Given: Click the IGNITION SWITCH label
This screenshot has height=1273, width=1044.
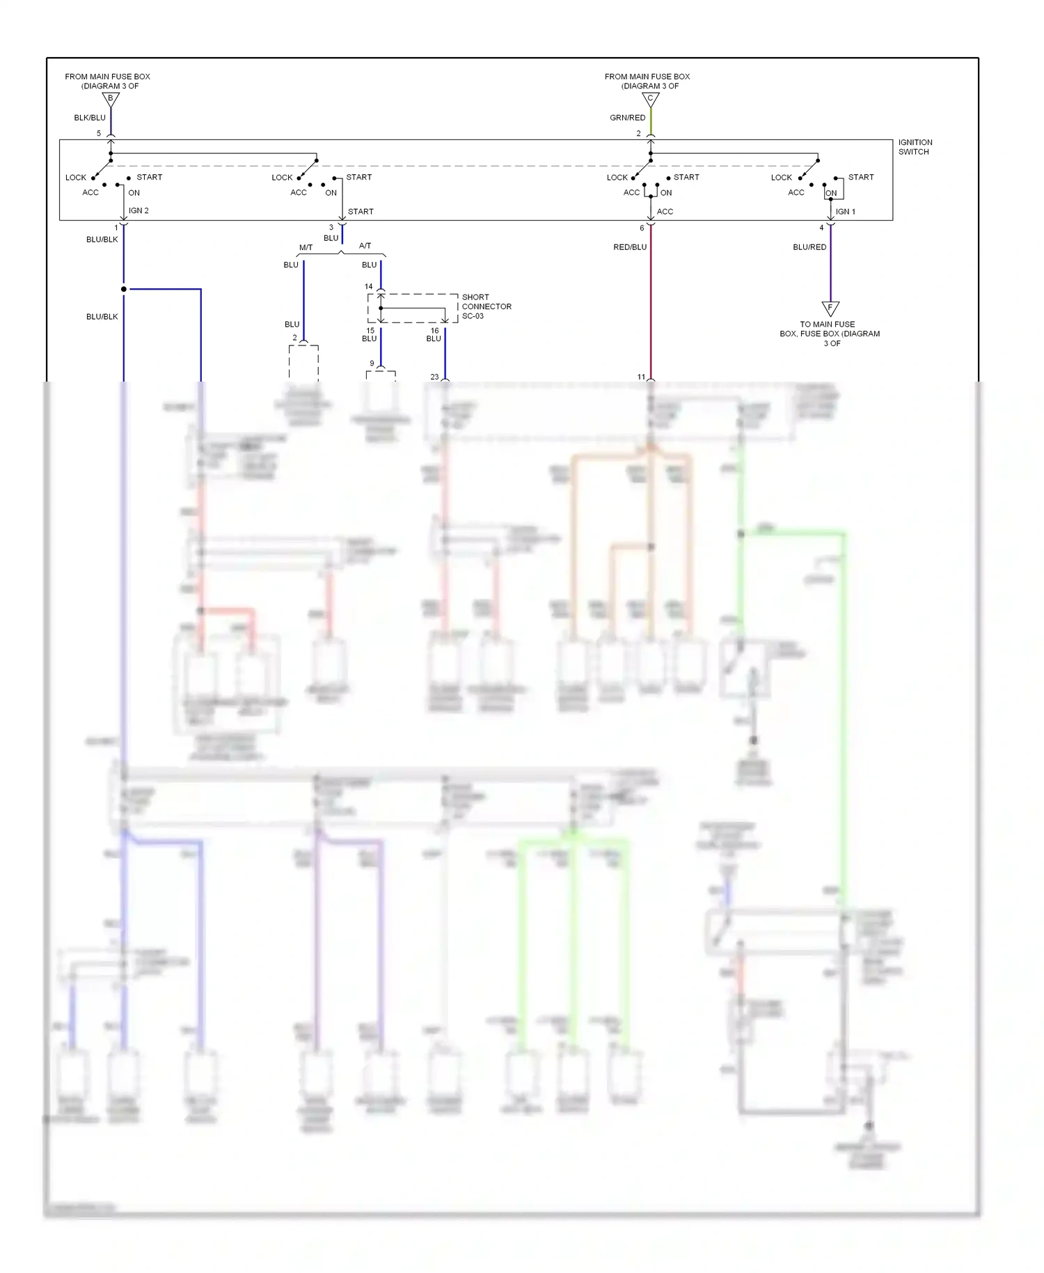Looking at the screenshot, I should click(x=915, y=147).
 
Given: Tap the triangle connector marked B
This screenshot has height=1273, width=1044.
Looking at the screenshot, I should click(x=111, y=100).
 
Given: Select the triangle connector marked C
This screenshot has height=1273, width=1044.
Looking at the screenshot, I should click(x=650, y=100).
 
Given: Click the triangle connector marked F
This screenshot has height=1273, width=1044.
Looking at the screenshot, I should click(x=830, y=308).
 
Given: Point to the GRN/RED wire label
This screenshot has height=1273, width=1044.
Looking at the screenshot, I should click(x=627, y=118).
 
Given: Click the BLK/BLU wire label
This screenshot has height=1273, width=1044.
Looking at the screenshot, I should click(x=90, y=118).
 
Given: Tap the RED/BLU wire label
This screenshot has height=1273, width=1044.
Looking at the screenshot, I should click(x=630, y=247).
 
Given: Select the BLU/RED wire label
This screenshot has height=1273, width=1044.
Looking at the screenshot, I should click(x=809, y=247).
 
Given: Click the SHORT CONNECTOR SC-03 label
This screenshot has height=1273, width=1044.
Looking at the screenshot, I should click(x=486, y=306).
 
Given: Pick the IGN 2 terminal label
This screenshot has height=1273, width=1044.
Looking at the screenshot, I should click(x=139, y=210).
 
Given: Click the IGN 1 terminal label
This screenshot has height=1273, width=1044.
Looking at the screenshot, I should click(x=845, y=212).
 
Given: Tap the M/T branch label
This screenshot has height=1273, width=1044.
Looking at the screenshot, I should click(x=306, y=247).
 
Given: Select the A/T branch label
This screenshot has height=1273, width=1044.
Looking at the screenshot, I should click(x=365, y=246).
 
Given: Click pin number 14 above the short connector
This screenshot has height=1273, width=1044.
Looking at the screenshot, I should click(x=369, y=286).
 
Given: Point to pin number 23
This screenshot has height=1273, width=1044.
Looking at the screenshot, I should click(x=434, y=377).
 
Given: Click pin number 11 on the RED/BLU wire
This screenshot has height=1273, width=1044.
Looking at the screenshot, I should click(x=641, y=377).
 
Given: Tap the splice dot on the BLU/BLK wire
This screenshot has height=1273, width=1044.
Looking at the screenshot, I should click(x=124, y=289).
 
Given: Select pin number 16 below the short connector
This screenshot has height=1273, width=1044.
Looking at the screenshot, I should click(x=434, y=331).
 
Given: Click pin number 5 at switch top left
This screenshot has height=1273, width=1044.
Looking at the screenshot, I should click(x=99, y=133).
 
